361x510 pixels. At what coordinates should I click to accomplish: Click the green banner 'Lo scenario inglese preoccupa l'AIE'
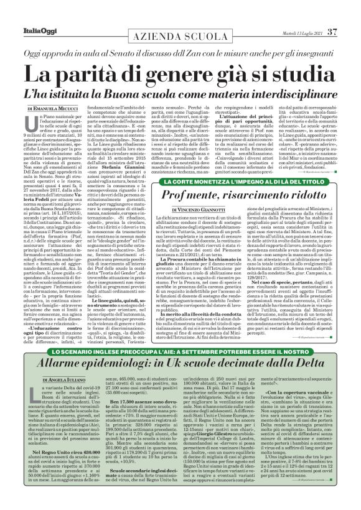click(180, 352)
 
